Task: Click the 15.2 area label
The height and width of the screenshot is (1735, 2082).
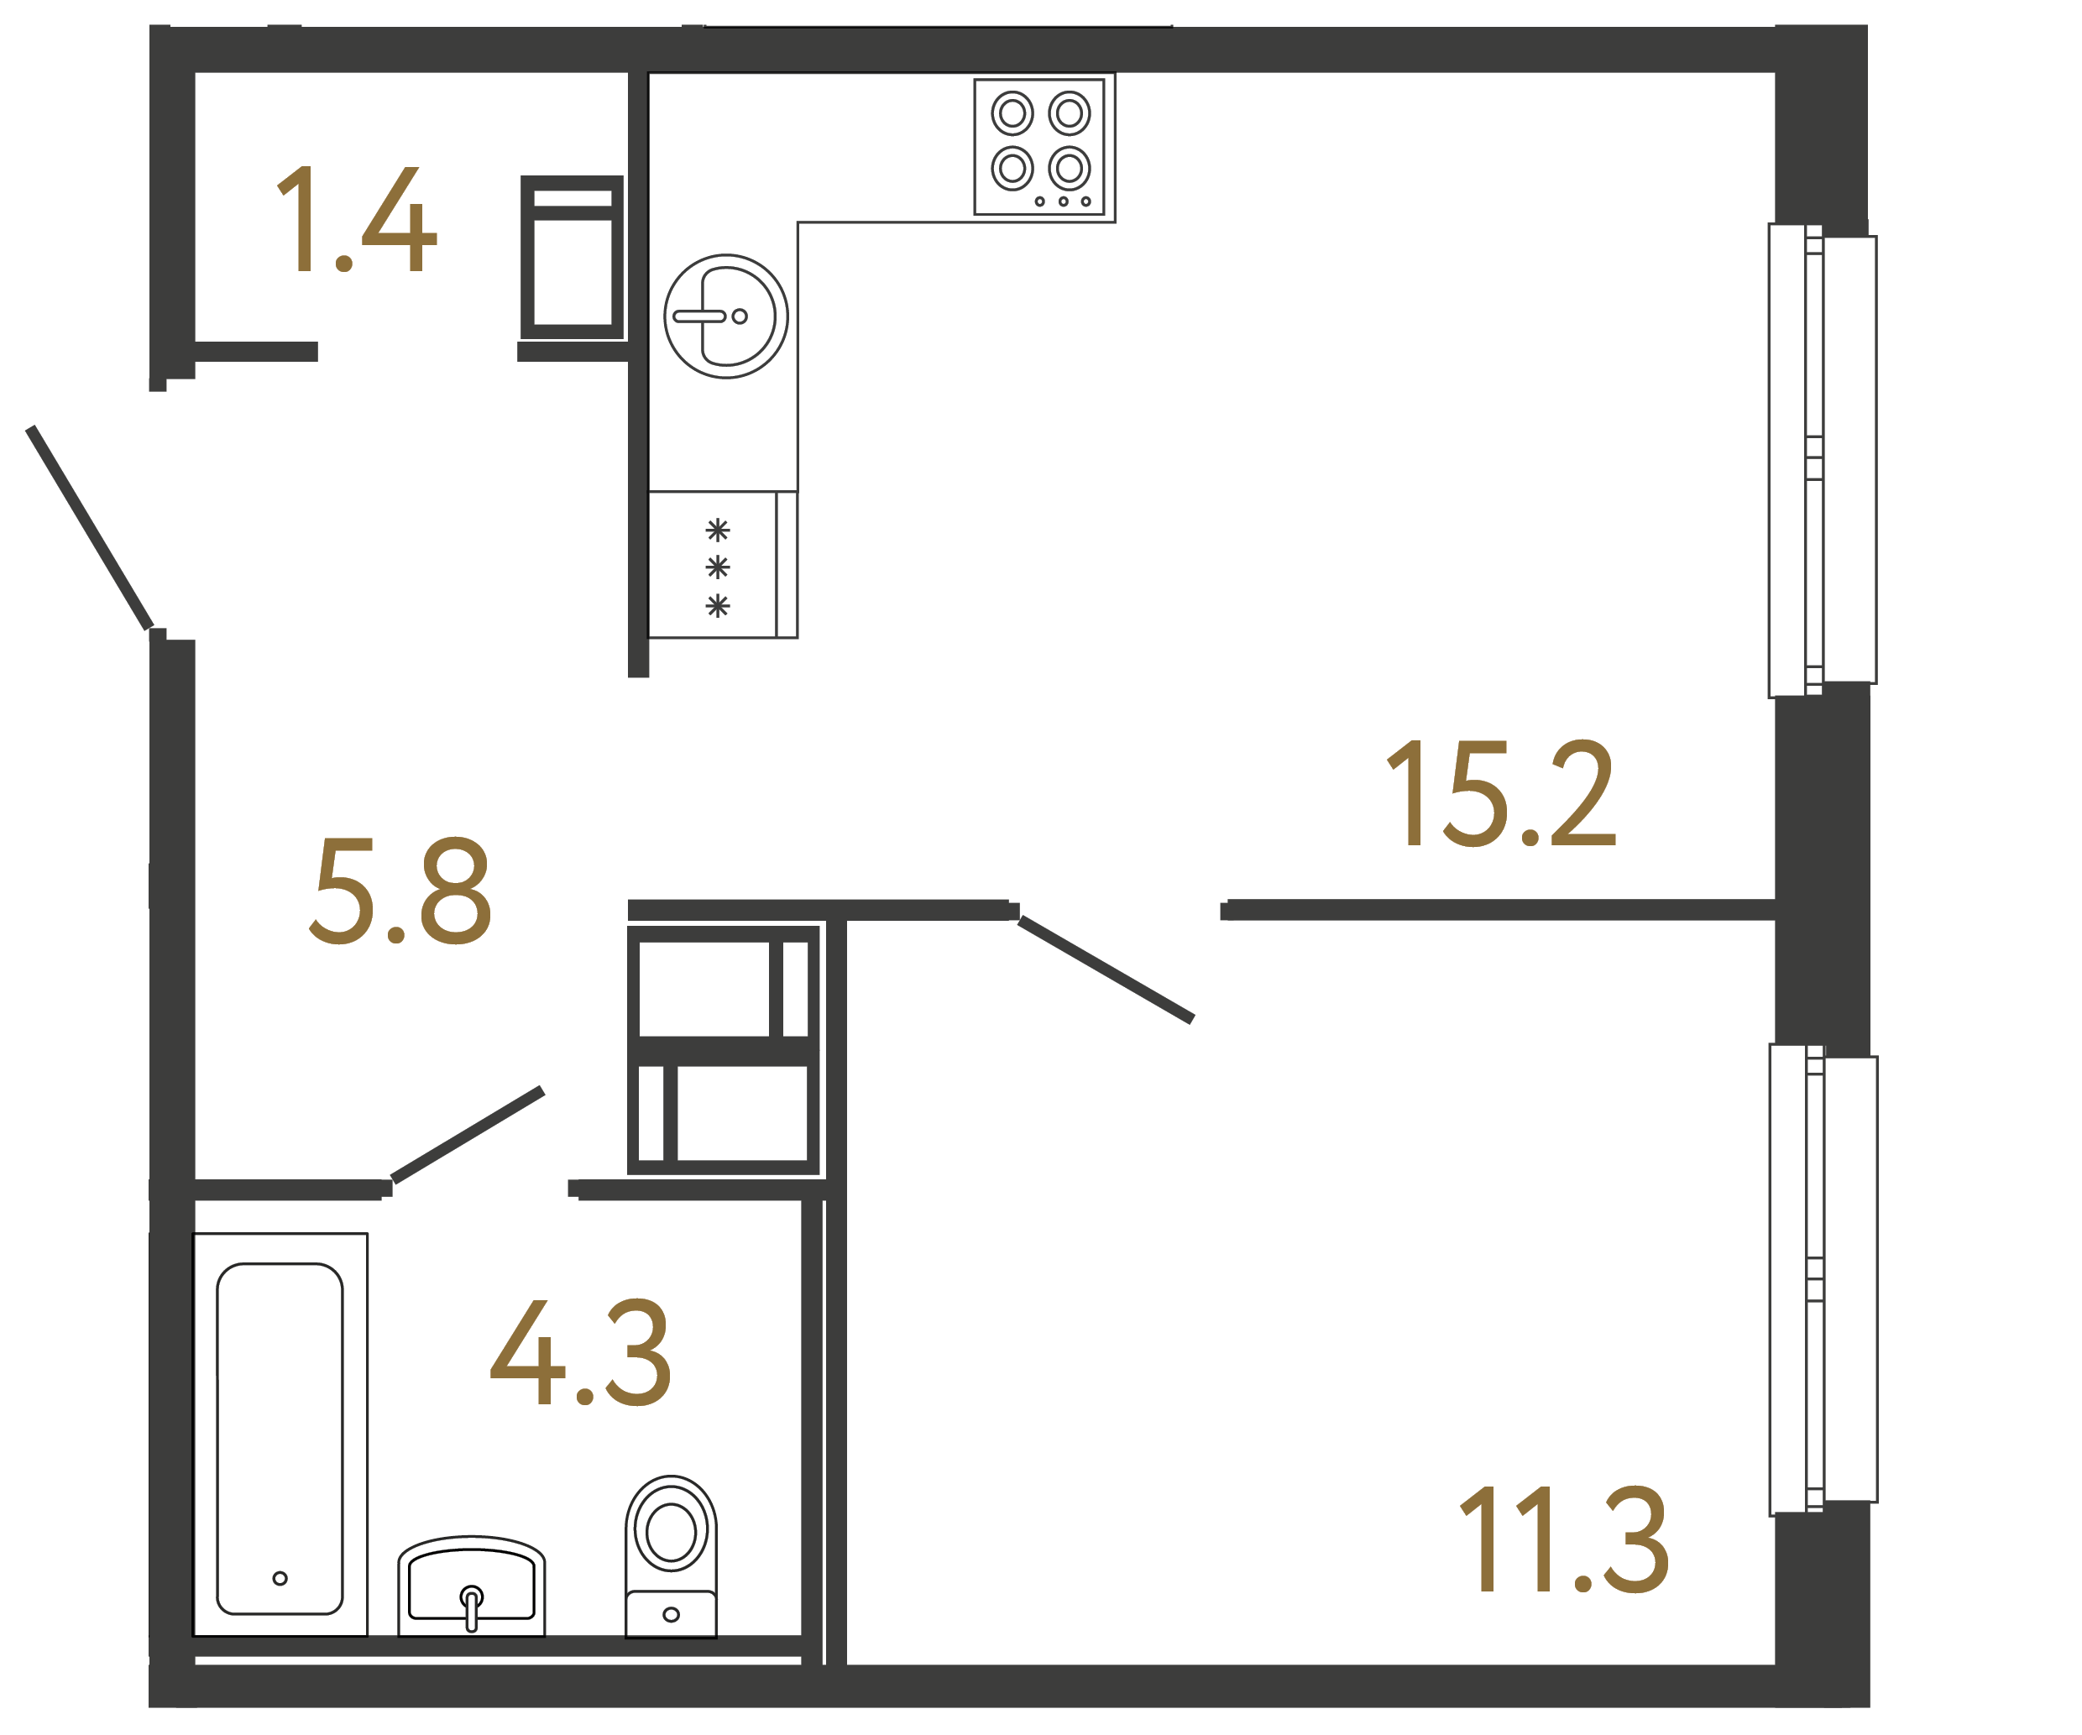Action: (x=1500, y=794)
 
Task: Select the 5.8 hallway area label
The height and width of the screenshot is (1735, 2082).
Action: (x=400, y=891)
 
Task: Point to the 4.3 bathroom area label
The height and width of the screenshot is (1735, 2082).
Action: (x=581, y=1352)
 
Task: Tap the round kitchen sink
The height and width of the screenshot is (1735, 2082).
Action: (x=725, y=316)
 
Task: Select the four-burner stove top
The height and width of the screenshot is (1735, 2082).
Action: (x=1039, y=147)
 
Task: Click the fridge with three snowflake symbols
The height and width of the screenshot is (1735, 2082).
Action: (x=721, y=565)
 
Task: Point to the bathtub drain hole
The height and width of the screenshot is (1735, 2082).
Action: (x=280, y=1578)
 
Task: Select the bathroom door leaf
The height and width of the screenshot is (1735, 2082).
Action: (x=468, y=1135)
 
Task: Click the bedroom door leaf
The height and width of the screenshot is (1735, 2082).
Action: (x=1106, y=969)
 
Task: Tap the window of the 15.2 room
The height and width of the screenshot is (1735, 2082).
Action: (x=1823, y=460)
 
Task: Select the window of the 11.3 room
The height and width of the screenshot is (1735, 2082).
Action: (x=1823, y=1279)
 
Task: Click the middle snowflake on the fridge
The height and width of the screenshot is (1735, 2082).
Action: (x=718, y=567)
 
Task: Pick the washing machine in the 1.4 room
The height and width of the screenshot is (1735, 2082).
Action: (x=572, y=258)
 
